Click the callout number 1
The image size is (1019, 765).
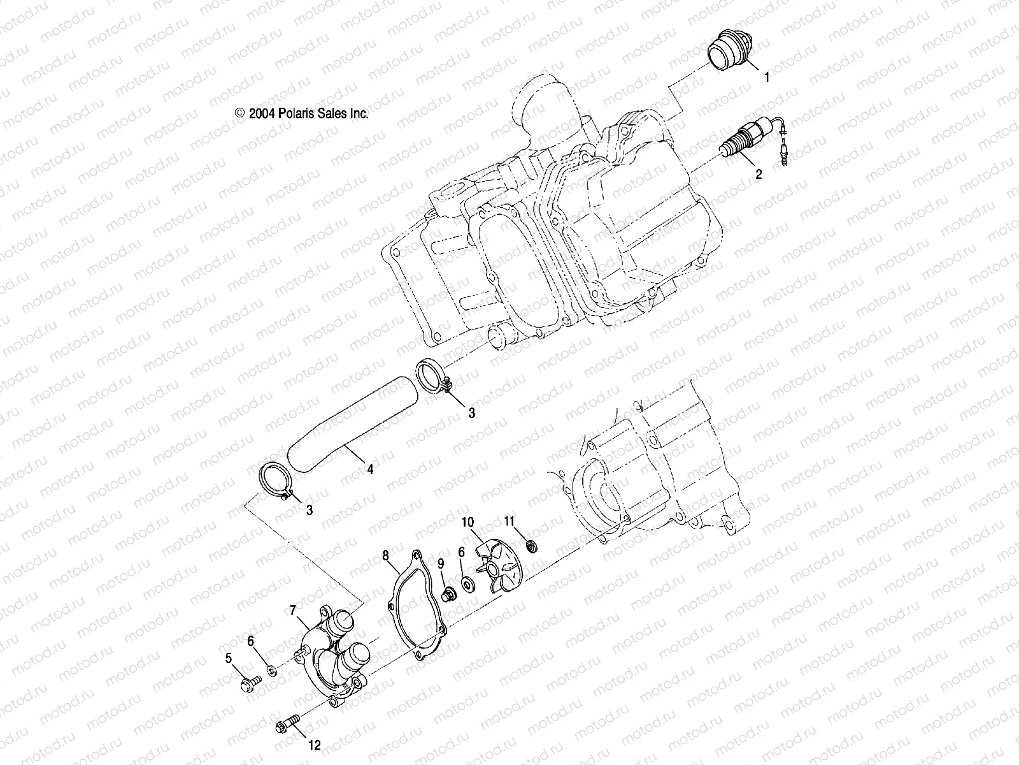(767, 78)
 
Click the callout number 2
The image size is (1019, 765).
(759, 174)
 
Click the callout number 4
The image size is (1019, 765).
(370, 469)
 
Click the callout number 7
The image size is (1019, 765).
(293, 611)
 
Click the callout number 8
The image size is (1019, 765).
(385, 555)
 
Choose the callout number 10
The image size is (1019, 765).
(467, 523)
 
